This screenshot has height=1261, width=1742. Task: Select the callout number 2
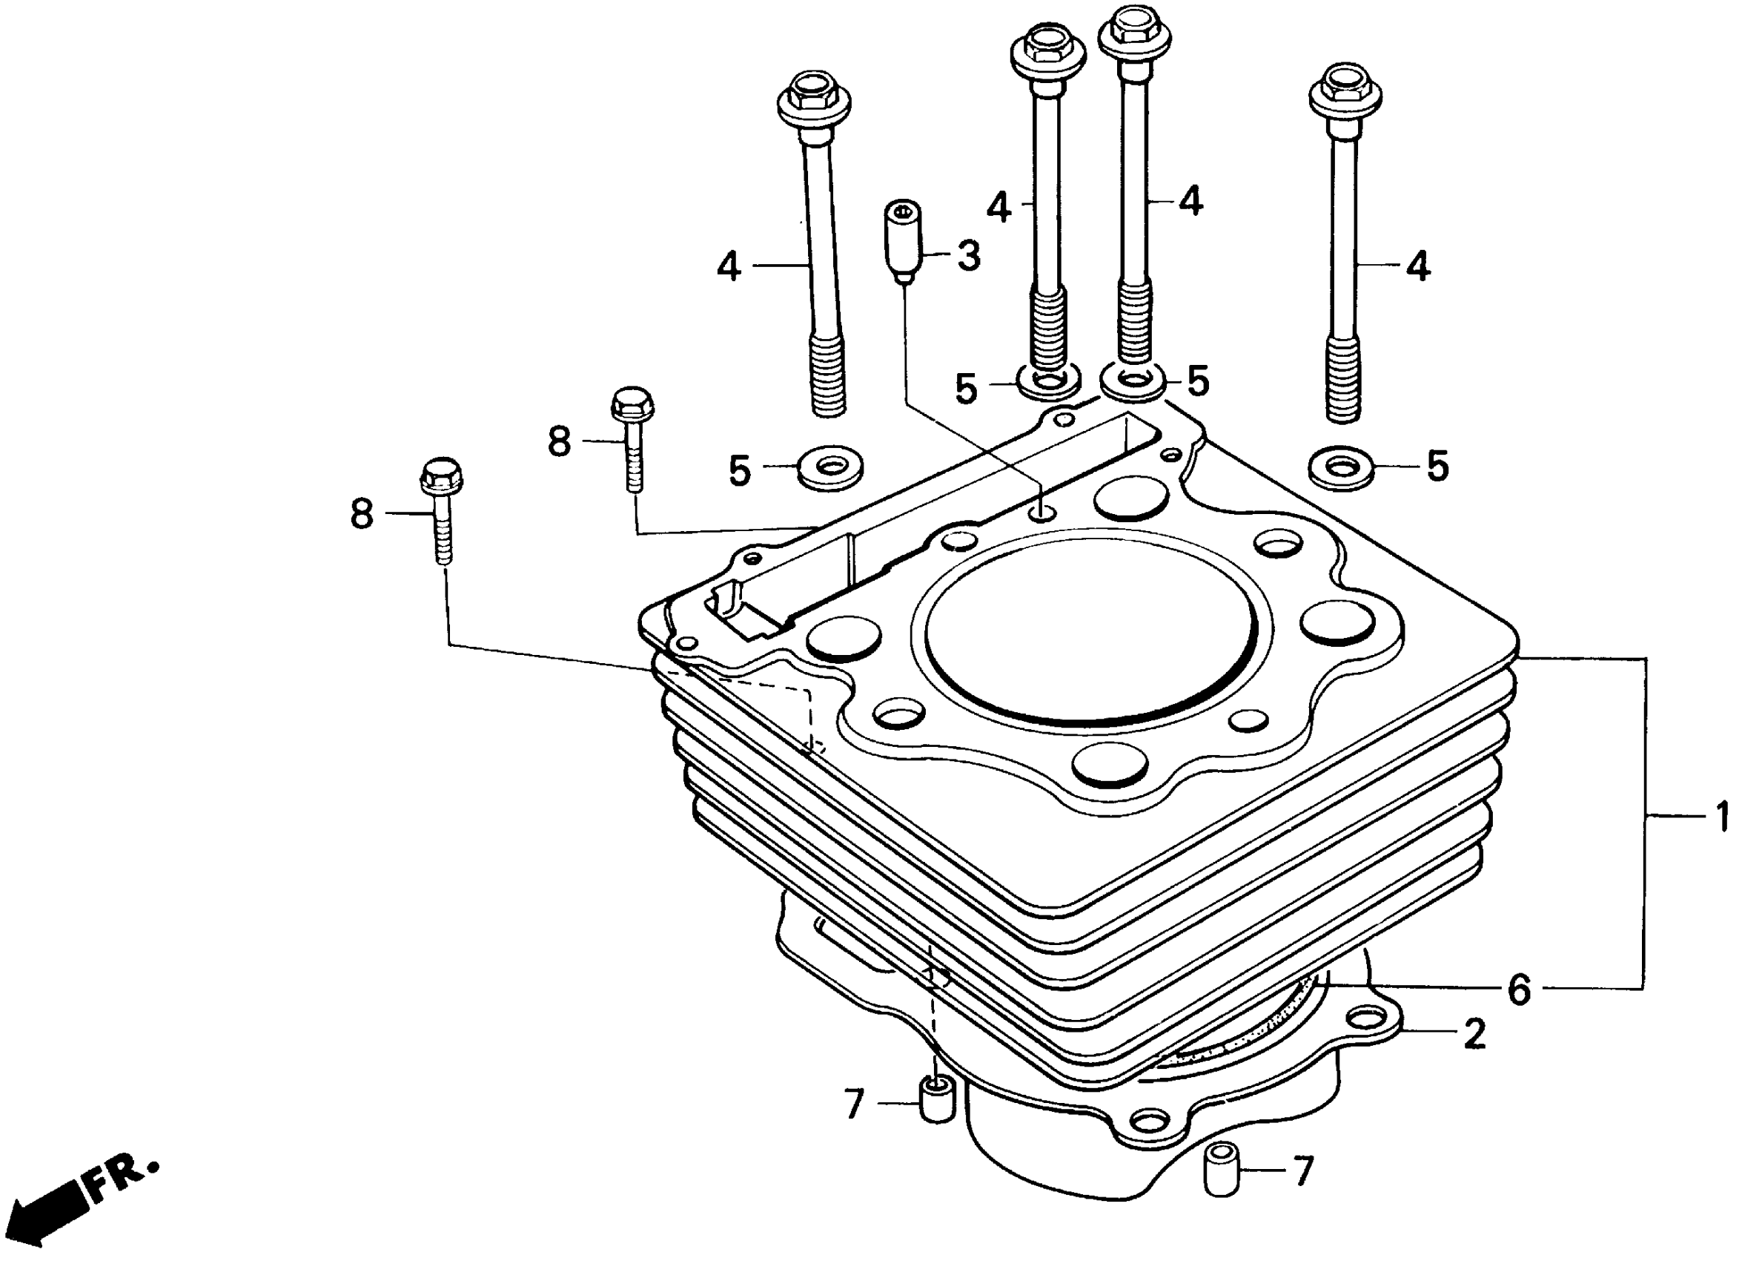pos(1474,1034)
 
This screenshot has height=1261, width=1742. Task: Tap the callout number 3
pos(969,255)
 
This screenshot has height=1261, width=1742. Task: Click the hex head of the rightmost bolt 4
pos(1345,88)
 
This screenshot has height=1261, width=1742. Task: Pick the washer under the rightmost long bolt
pos(1342,467)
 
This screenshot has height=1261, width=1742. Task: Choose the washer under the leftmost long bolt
pos(829,468)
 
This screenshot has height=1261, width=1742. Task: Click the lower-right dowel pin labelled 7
pos(1220,1171)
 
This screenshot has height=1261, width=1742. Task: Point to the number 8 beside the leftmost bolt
pos(362,513)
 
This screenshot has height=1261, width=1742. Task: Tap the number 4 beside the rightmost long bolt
pos(1418,266)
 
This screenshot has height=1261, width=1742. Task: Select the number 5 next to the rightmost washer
pos(1437,467)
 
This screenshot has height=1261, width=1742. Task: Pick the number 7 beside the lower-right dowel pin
pos(1303,1172)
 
